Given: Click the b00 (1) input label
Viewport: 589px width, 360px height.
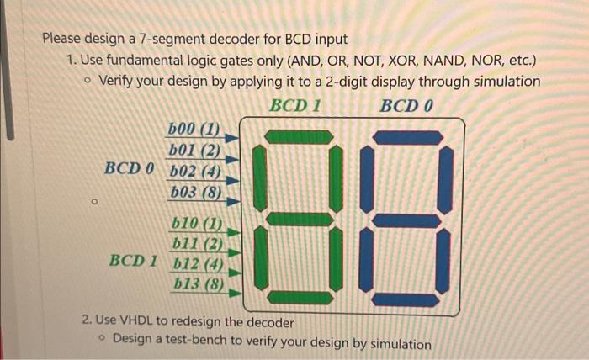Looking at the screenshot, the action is pyautogui.click(x=194, y=130).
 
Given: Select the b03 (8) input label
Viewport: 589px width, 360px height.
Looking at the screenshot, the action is pyautogui.click(x=196, y=192).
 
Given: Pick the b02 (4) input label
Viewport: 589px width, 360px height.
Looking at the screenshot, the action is pyautogui.click(x=195, y=172).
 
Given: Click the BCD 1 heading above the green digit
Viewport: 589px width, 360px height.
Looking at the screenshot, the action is pyautogui.click(x=295, y=106).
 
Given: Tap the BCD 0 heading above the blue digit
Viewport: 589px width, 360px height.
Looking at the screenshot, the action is pyautogui.click(x=406, y=106).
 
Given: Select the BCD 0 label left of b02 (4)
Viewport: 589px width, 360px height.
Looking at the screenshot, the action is pyautogui.click(x=130, y=168).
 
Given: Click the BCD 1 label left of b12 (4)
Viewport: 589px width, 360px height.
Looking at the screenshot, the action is pyautogui.click(x=134, y=260).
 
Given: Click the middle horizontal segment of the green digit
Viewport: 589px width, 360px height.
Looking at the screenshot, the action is pyautogui.click(x=300, y=220).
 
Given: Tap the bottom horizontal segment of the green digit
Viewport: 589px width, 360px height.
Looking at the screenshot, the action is pyautogui.click(x=300, y=298).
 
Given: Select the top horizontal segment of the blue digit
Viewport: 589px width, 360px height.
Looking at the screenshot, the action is pyautogui.click(x=407, y=137).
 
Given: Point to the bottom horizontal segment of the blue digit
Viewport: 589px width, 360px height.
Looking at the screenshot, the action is pyautogui.click(x=407, y=299).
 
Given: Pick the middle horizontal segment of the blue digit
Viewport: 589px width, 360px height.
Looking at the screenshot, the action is pyautogui.click(x=407, y=220).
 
